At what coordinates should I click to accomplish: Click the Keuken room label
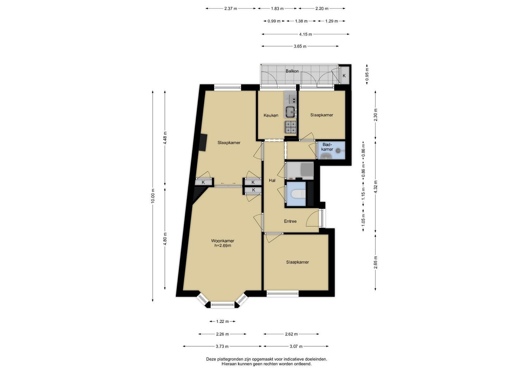pos(271,115)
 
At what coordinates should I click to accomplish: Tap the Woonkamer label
pos(223,241)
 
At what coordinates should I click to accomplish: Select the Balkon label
pos(292,71)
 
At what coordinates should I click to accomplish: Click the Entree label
pos(290,221)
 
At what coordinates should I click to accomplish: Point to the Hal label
pos(272,180)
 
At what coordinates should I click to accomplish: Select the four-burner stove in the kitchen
pos(291,127)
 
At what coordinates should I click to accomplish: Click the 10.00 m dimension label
pos(153,196)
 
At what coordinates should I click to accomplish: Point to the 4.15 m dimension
pos(305,35)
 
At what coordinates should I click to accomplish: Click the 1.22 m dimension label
pos(223,322)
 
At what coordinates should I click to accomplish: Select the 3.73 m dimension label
pos(222,346)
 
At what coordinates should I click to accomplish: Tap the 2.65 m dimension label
pos(376,262)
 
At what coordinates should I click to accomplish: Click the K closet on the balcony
pos(344,76)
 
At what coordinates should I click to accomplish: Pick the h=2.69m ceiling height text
pos(223,246)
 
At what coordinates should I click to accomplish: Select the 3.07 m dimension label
pos(296,346)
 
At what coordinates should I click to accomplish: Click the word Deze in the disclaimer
pos(211,359)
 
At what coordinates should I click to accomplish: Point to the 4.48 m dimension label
pos(165,138)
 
